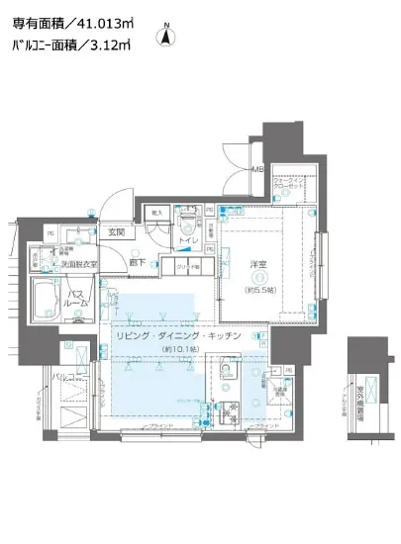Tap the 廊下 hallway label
140,262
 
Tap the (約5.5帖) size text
258,289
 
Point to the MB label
256,169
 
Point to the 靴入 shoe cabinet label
154,212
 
